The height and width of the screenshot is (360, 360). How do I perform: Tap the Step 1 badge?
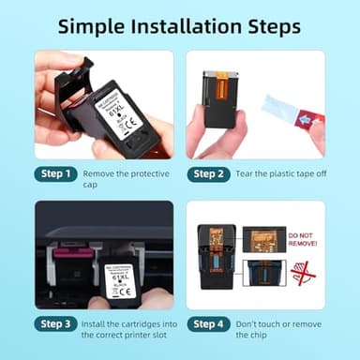[x=55, y=173]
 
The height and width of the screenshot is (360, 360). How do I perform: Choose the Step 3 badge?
[x=55, y=323]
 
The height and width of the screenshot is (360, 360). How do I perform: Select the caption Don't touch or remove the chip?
[x=280, y=323]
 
